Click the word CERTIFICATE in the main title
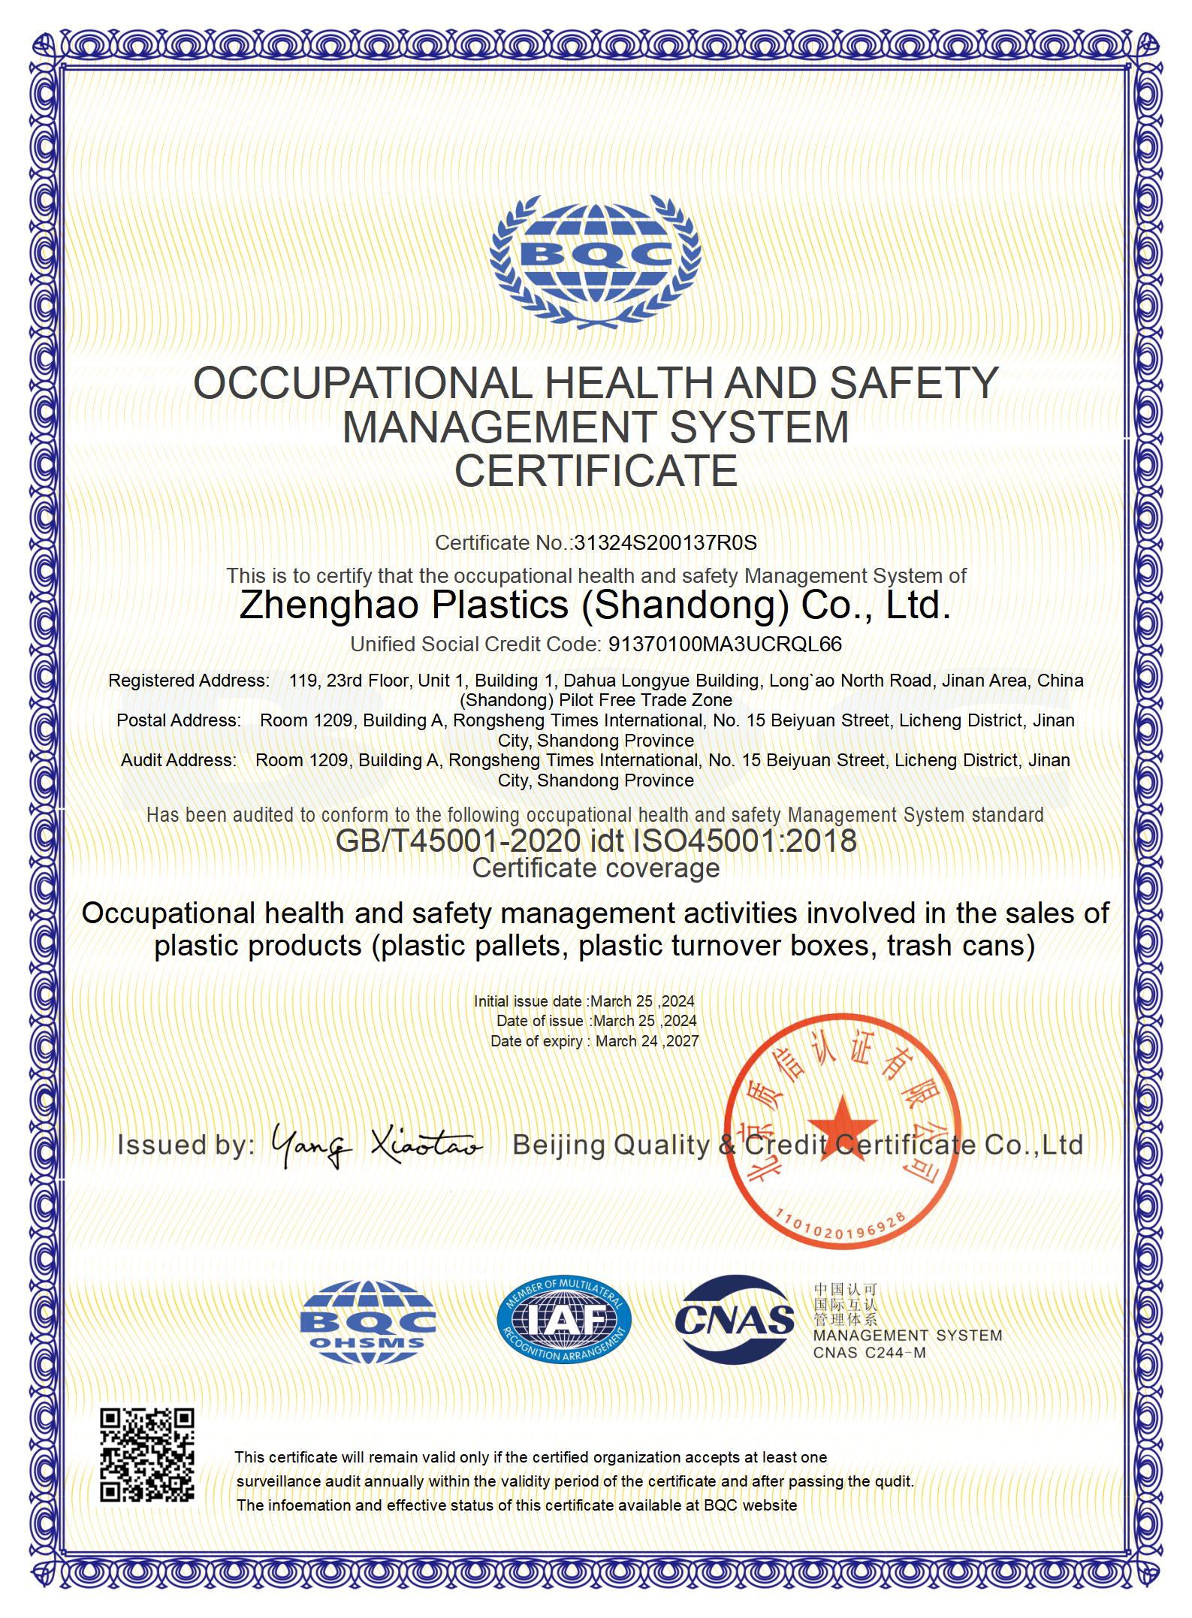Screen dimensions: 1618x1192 pyautogui.click(x=596, y=471)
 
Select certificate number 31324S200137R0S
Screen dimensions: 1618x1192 pyautogui.click(x=665, y=543)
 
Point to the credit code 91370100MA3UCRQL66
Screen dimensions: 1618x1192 pyautogui.click(x=725, y=644)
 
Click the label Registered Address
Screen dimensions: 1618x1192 pyautogui.click(x=189, y=681)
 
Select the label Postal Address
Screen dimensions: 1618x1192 pyautogui.click(x=179, y=720)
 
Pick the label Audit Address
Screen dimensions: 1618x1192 pyautogui.click(x=179, y=760)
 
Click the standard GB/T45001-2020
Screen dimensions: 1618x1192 pyautogui.click(x=457, y=841)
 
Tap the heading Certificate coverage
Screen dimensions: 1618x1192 pyautogui.click(x=596, y=868)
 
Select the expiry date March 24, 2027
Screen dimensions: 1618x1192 pyautogui.click(x=647, y=1041)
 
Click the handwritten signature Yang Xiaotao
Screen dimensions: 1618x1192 pyautogui.click(x=376, y=1145)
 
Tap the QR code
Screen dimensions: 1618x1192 pyautogui.click(x=147, y=1455)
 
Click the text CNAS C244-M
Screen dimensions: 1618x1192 pyautogui.click(x=869, y=1353)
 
